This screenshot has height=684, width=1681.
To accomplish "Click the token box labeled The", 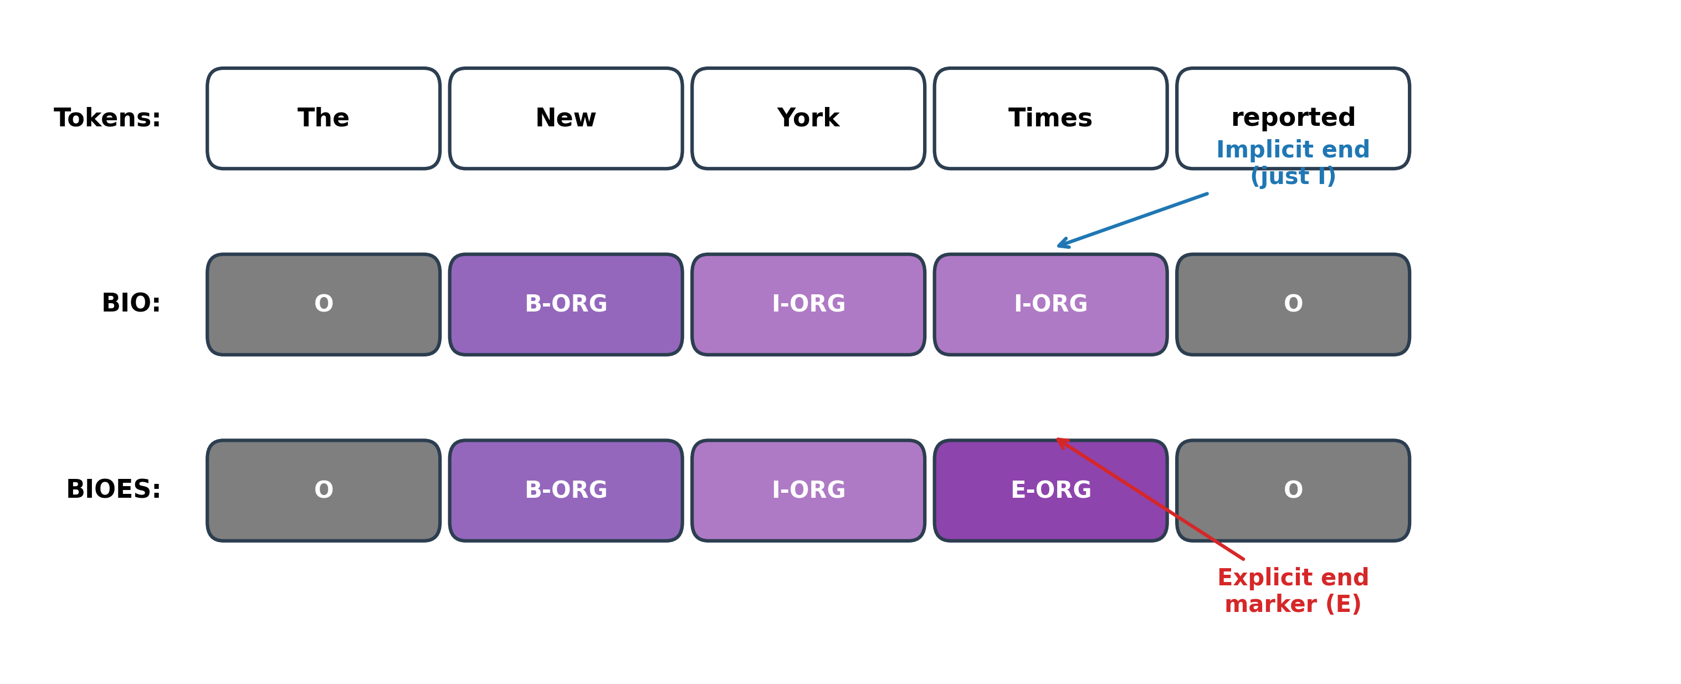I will coord(323,118).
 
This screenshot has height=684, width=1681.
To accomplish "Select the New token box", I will coord(566,118).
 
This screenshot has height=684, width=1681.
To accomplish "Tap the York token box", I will coord(808,118).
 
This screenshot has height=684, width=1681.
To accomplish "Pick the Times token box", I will coord(1050,118).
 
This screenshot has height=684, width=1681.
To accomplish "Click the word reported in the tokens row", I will coord(1293,118).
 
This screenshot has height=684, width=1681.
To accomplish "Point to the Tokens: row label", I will coord(107,118).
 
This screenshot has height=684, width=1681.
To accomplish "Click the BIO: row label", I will coord(131,304).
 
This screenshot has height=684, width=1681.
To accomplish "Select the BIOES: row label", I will coord(113,489).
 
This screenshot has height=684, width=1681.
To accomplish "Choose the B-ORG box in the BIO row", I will coord(566,304).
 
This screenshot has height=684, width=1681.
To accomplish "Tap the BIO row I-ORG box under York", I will coord(808,304).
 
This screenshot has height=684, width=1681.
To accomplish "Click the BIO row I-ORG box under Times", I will coord(1050,304).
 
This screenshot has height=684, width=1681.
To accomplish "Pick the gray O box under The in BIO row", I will coord(323,304).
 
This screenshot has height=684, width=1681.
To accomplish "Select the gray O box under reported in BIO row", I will coord(1293,304).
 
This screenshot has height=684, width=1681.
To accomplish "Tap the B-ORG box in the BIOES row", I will coord(566,490).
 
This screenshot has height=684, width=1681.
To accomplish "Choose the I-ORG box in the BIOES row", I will coord(808,490).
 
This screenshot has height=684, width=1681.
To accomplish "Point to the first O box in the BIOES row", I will coord(323,490).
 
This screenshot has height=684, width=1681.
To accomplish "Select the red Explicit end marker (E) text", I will coord(1293,591).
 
